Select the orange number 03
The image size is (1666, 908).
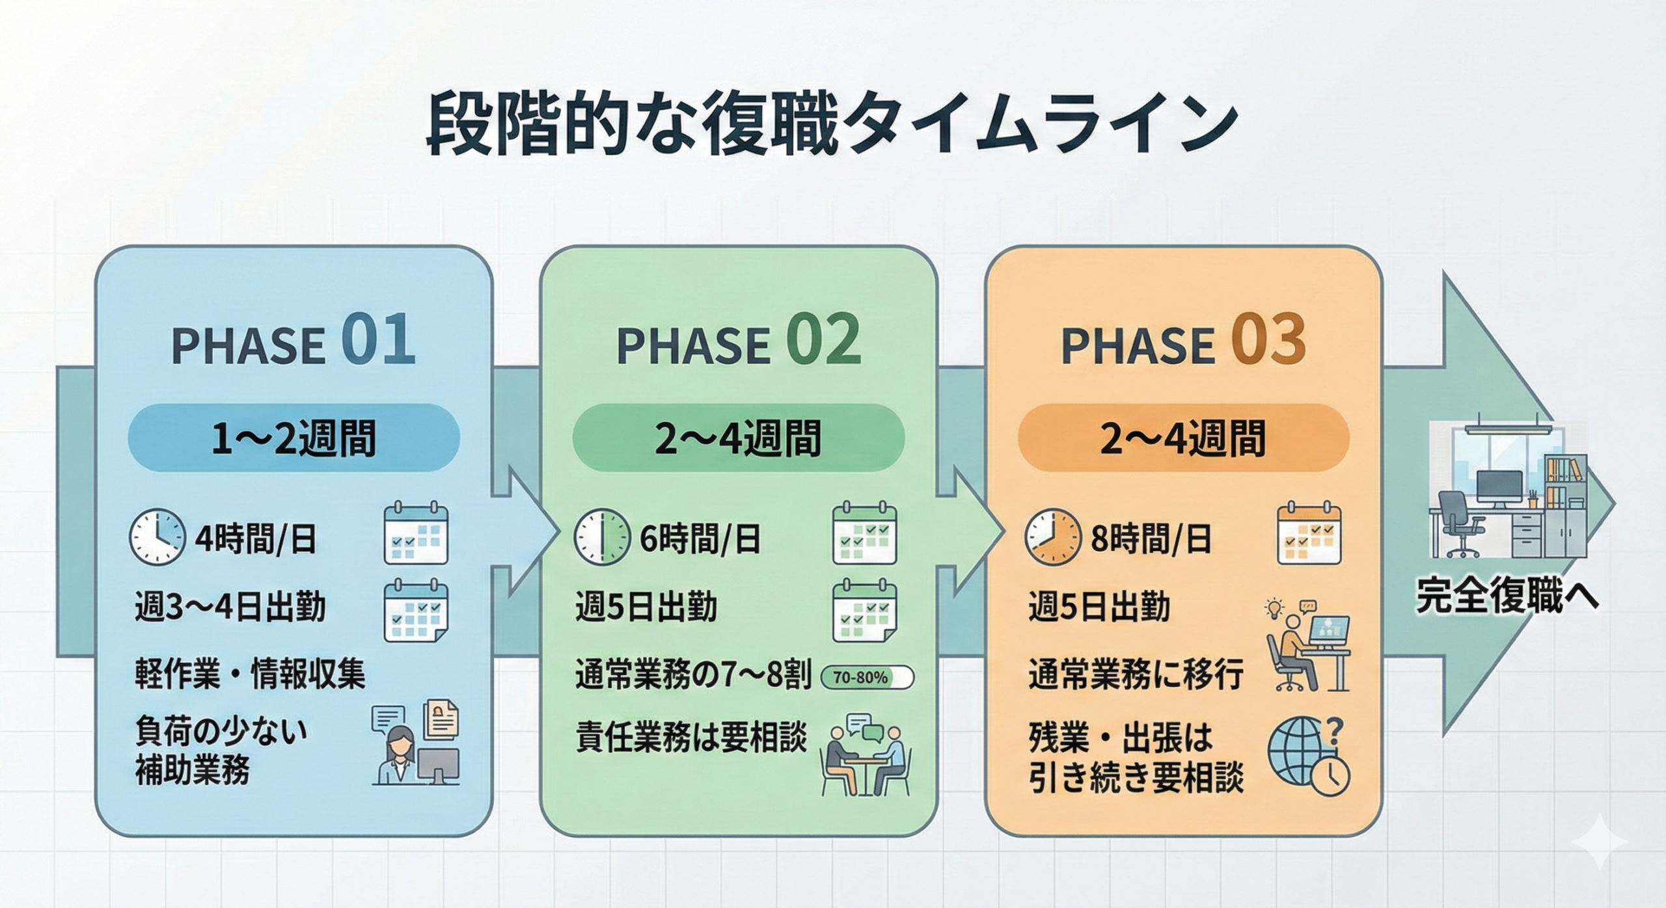click(1268, 340)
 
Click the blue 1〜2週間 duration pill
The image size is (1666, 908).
click(294, 438)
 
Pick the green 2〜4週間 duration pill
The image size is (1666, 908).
click(738, 438)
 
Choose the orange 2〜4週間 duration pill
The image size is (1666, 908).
click(1183, 438)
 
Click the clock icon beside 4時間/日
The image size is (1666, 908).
click(156, 537)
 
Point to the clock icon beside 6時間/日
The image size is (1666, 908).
click(601, 537)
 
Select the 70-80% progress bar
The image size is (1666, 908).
click(867, 677)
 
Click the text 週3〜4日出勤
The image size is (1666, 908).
click(230, 608)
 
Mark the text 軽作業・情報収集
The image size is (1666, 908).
click(250, 674)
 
